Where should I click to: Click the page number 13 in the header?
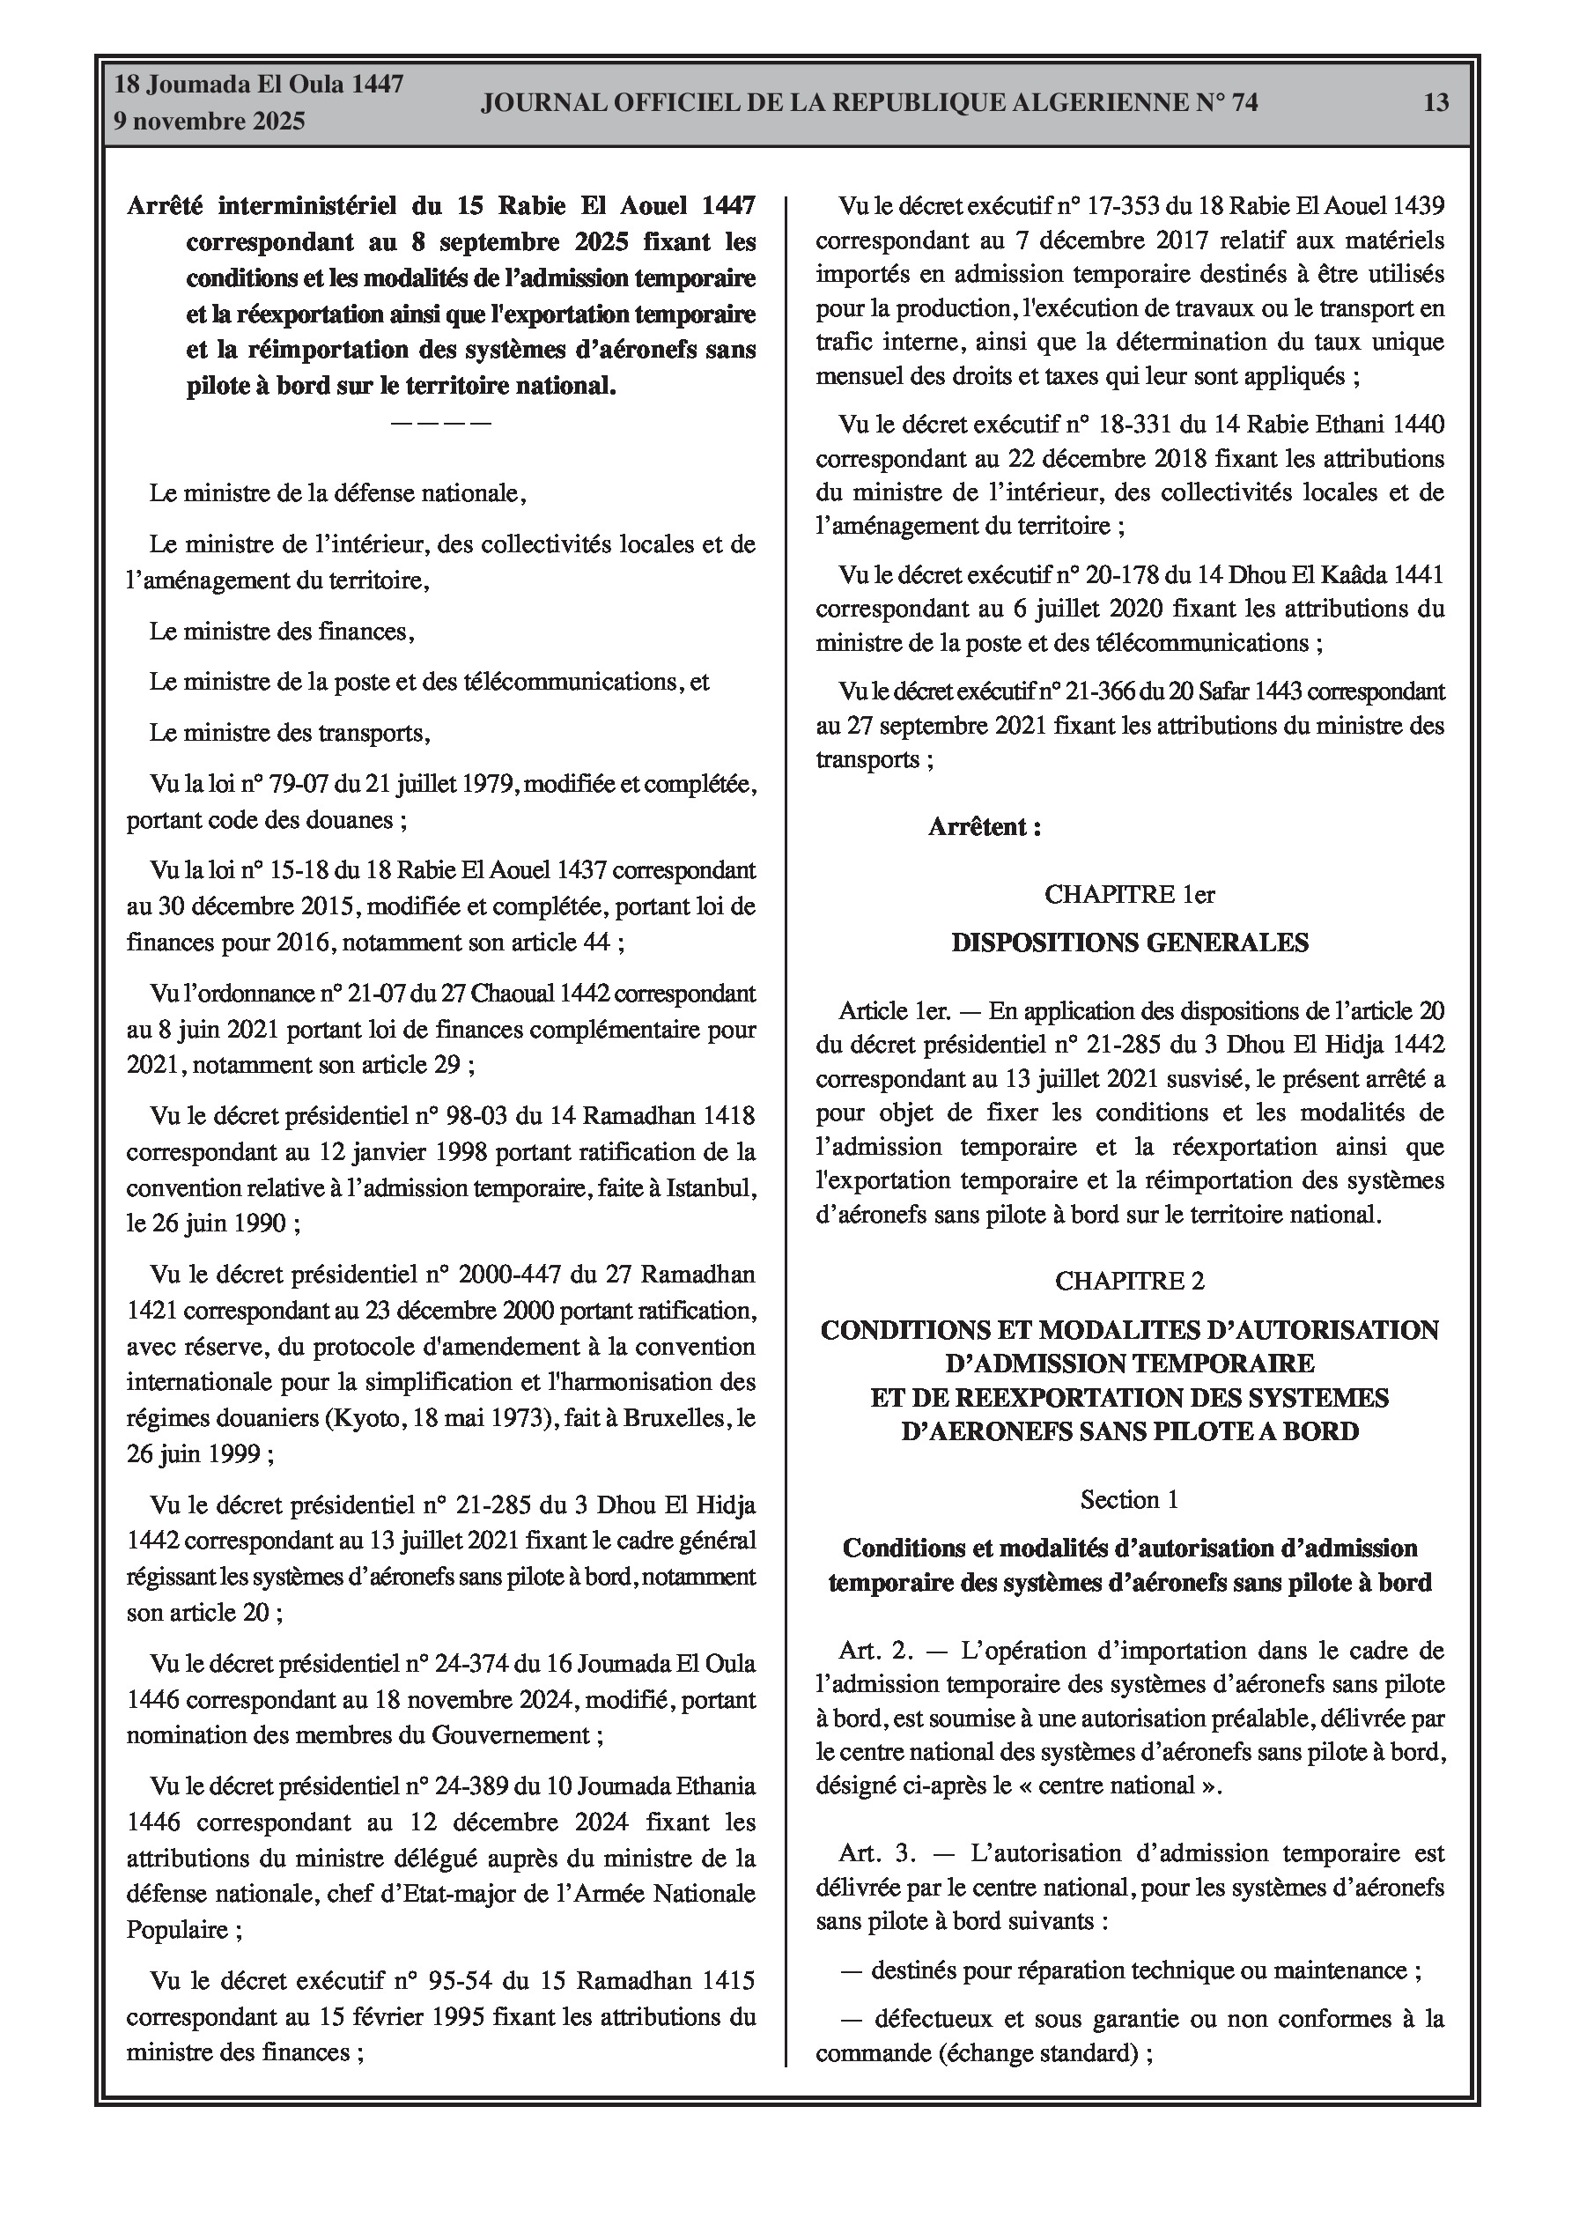(1435, 103)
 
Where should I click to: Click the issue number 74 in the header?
(1244, 103)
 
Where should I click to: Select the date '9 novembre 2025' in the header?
(210, 122)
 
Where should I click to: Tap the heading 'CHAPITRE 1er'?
(1129, 894)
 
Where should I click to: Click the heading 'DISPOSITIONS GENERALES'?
(1129, 942)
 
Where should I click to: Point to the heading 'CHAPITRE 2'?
(1129, 1281)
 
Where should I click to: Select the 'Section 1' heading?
(1129, 1500)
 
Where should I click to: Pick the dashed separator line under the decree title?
(441, 423)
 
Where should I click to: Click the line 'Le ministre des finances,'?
(282, 632)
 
